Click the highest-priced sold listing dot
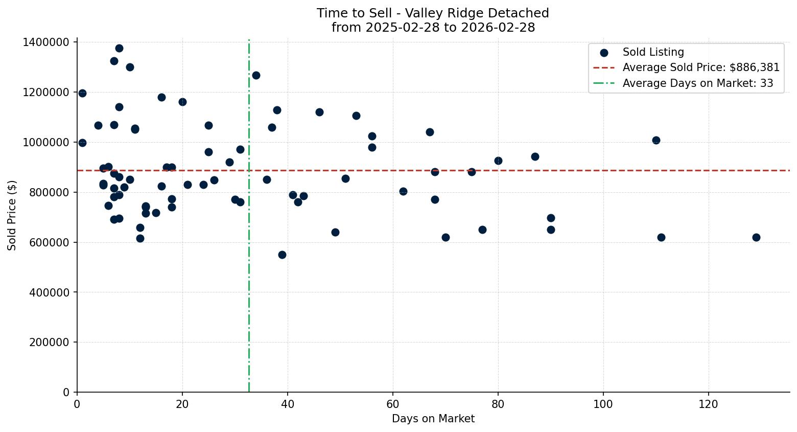pyautogui.click(x=119, y=49)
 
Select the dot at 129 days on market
pyautogui.click(x=756, y=237)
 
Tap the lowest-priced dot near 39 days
pyautogui.click(x=282, y=255)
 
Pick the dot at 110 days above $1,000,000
pyautogui.click(x=656, y=140)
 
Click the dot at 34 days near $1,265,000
pyautogui.click(x=256, y=76)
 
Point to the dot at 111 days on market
pyautogui.click(x=661, y=237)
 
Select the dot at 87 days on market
pyautogui.click(x=535, y=156)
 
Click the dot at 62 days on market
pyautogui.click(x=403, y=191)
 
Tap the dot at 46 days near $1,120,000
pyautogui.click(x=319, y=112)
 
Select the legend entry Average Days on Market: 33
pyautogui.click(x=697, y=83)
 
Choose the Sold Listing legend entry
pyautogui.click(x=653, y=52)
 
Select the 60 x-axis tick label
pyautogui.click(x=393, y=404)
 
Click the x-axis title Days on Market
pyautogui.click(x=433, y=419)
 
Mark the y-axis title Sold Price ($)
pyautogui.click(x=12, y=215)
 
